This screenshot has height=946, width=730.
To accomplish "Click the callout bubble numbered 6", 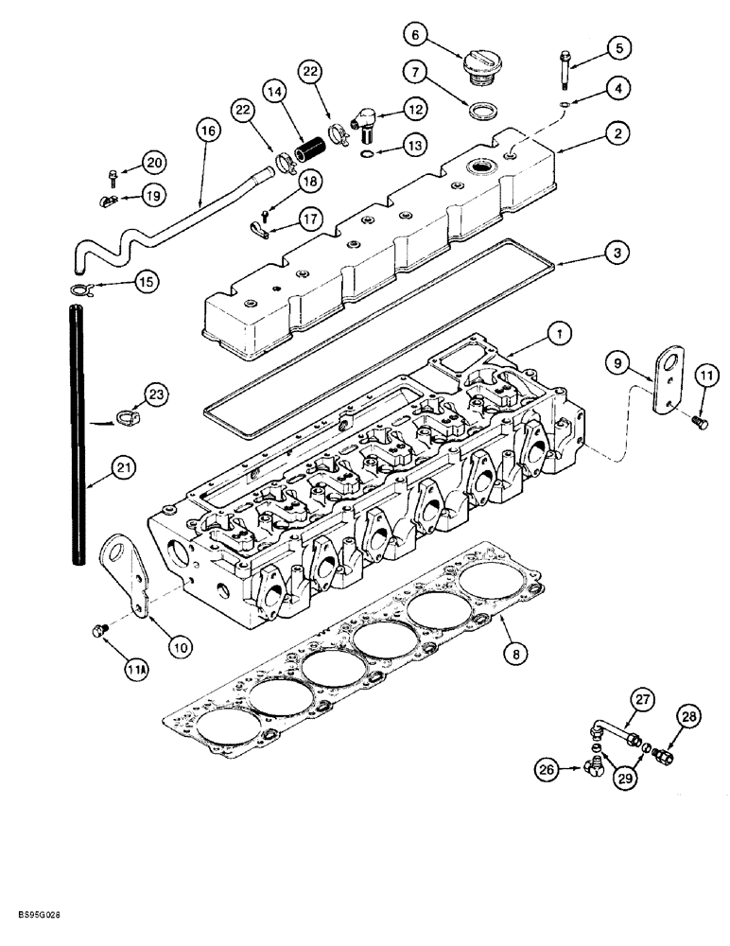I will [x=416, y=34].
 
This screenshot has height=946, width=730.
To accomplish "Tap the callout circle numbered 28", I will [x=688, y=719].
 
